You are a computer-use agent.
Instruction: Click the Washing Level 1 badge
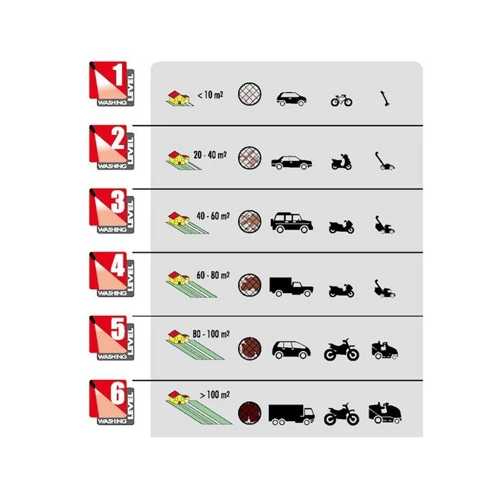coord(111,84)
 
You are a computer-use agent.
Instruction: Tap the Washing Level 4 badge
coord(111,275)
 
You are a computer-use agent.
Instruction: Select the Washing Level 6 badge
coord(111,402)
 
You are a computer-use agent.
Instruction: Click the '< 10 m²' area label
coord(210,95)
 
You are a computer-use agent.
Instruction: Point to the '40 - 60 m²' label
coord(213,216)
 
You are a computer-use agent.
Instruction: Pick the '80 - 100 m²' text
coord(211,334)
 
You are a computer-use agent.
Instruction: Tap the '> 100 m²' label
coord(214,395)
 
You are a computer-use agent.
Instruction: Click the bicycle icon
coord(342,100)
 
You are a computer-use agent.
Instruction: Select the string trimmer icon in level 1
coord(385,98)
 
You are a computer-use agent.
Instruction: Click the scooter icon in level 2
coord(341,162)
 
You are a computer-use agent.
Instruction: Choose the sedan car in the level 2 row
coord(291,163)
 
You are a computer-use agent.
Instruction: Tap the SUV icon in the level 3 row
coord(291,223)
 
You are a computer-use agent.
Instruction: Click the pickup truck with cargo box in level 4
coord(291,287)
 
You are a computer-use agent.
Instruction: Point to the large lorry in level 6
coord(291,414)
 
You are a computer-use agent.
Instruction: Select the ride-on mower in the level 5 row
coord(385,350)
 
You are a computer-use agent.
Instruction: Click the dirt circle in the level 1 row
coord(250,94)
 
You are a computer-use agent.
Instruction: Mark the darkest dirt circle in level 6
coord(250,413)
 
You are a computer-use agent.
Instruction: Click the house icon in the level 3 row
coord(179,219)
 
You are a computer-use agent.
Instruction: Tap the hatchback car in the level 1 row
coord(291,99)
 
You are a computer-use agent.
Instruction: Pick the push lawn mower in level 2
coord(385,161)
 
